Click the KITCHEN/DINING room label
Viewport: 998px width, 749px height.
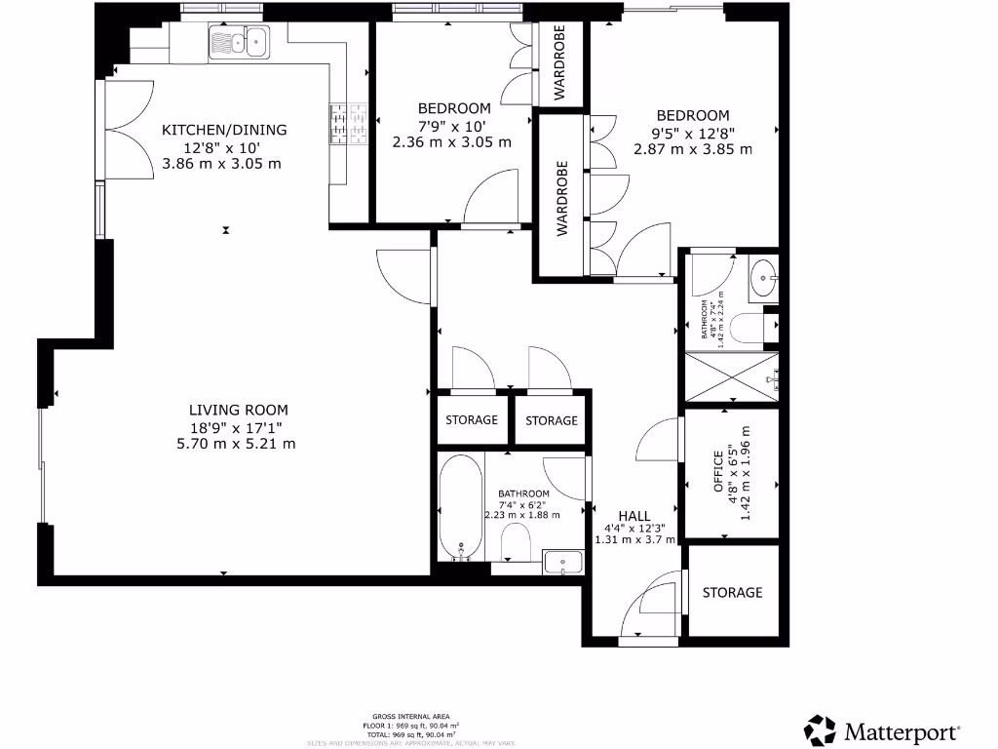224,130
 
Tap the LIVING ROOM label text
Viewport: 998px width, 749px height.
239,411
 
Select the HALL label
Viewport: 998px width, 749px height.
634,516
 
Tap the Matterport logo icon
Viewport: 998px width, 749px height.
820,729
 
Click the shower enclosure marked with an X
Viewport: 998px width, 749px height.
733,376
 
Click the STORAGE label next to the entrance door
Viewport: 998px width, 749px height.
732,592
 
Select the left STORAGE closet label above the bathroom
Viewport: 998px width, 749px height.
472,420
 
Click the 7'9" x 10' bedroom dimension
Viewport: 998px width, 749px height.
451,125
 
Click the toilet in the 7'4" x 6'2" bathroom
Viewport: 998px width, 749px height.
515,544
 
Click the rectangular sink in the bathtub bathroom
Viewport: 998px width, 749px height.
563,561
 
